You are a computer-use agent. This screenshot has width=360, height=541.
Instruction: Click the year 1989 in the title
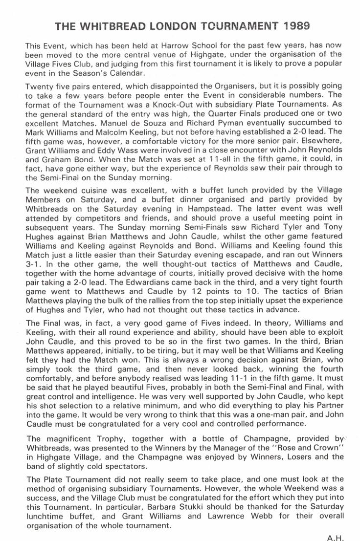pos(292,25)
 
